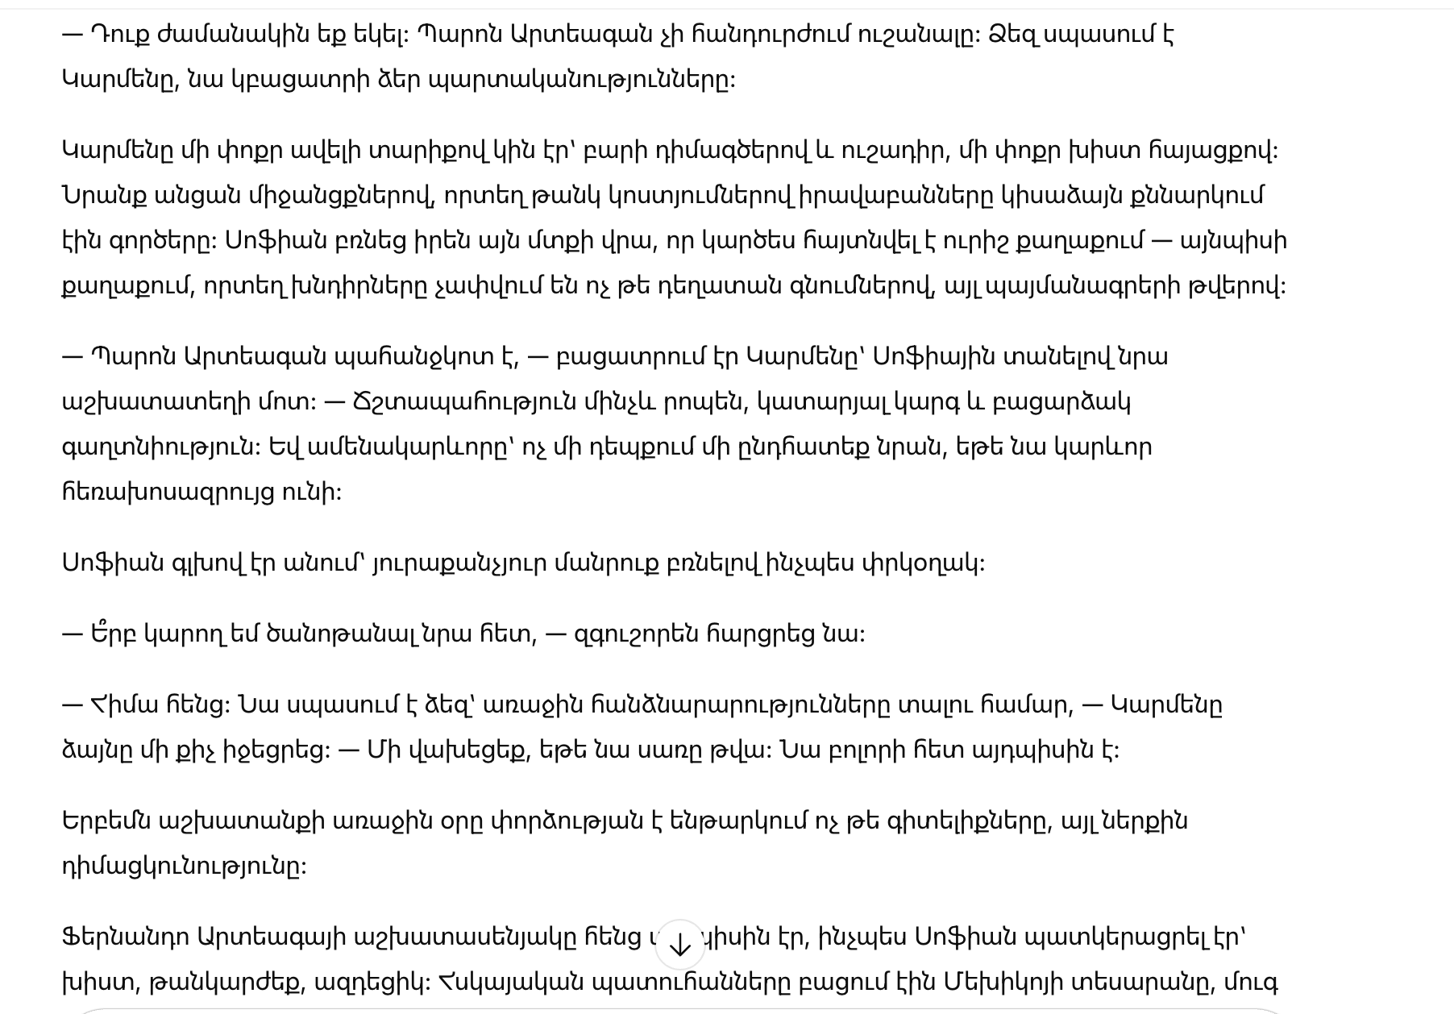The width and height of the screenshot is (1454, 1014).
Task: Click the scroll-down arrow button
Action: click(679, 945)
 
